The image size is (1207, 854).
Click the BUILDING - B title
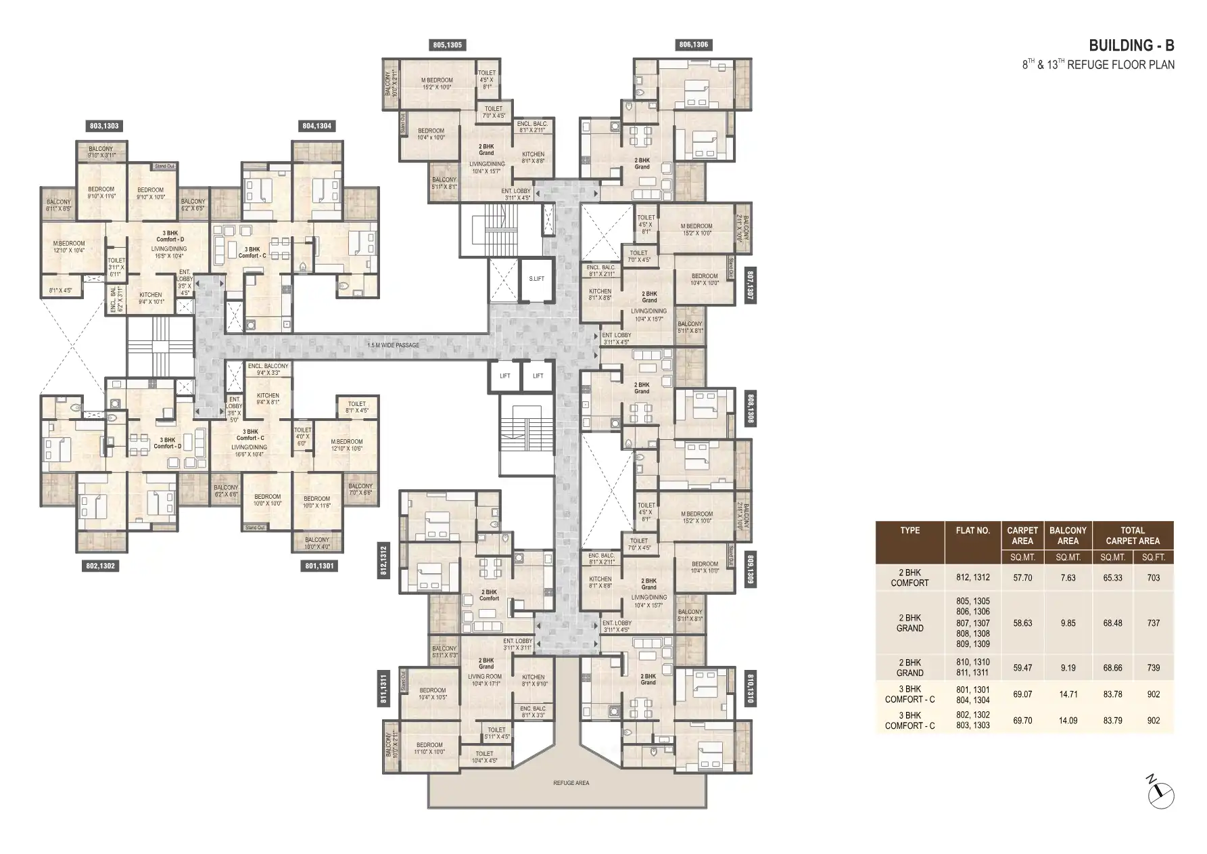pos(1131,46)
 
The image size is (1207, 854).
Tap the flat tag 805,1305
pos(447,45)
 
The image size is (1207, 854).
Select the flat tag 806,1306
pos(693,45)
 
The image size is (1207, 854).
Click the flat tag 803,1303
pos(104,126)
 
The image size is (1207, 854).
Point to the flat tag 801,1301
pos(319,566)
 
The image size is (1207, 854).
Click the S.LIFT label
pos(536,279)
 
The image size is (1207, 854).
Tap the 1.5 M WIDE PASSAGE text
pos(393,345)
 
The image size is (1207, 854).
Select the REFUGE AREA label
pos(571,783)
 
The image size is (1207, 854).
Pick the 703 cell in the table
pos(1153,578)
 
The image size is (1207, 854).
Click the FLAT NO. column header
pos(972,531)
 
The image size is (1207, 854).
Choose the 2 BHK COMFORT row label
pos(909,578)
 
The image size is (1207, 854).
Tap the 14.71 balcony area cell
pos(1068,694)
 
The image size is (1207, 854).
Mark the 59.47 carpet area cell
pos(1022,668)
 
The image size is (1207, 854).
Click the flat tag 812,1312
pos(384,561)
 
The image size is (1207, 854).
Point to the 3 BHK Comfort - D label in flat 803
pos(170,236)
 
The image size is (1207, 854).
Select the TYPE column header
pos(909,531)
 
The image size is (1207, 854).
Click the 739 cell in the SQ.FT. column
pos(1153,668)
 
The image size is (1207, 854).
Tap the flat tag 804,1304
pos(316,126)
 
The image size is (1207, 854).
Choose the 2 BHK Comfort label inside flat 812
pos(489,595)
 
